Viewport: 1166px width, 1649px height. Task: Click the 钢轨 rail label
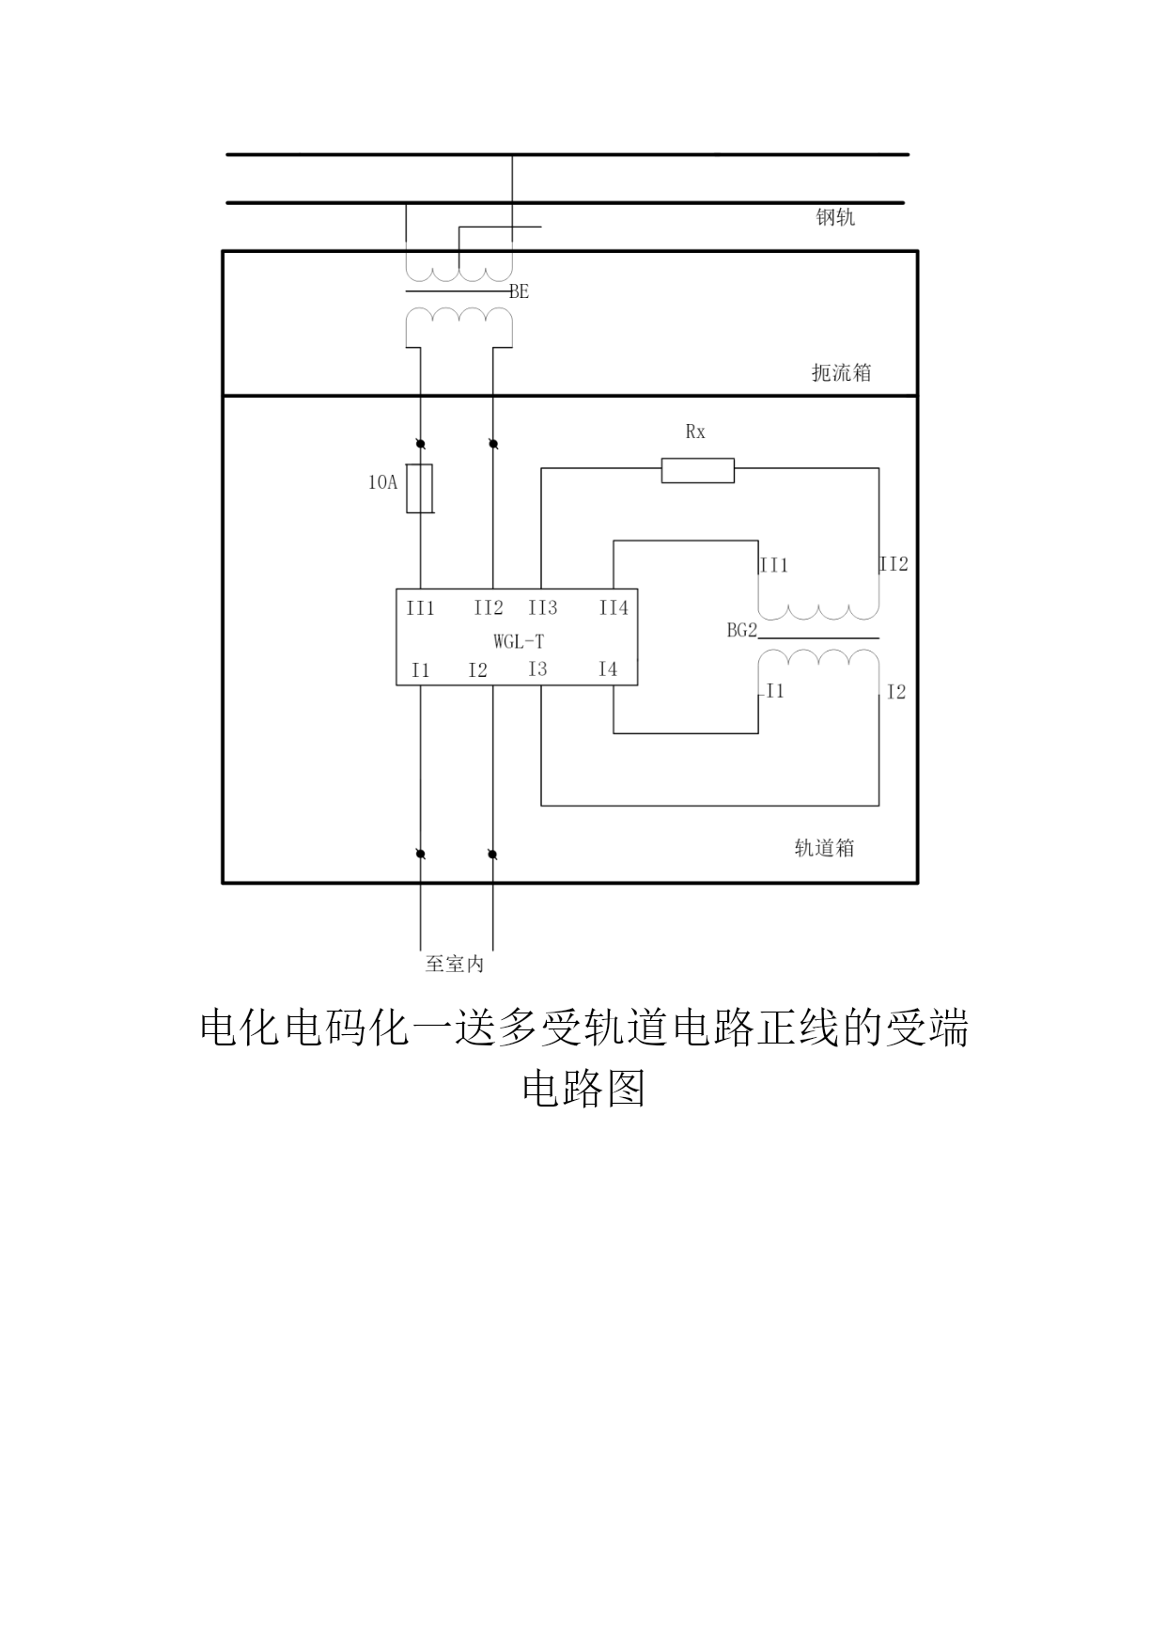click(835, 218)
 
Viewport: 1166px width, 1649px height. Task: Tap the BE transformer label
click(520, 292)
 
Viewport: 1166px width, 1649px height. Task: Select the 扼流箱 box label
click(841, 373)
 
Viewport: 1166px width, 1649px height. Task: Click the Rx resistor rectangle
click(697, 470)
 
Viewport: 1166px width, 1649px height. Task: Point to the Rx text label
click(695, 432)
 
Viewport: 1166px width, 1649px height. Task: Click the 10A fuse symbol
click(420, 489)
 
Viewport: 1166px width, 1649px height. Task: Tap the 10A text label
click(382, 483)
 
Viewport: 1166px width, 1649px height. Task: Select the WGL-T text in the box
click(519, 642)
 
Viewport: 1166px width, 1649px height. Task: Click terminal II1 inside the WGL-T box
click(420, 609)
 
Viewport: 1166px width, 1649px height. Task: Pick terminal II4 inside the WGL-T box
click(614, 608)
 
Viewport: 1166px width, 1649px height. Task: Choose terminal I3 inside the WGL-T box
click(537, 669)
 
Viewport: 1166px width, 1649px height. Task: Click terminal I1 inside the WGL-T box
click(420, 670)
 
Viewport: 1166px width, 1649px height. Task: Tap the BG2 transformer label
click(742, 631)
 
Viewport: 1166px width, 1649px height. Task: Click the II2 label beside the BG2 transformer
click(894, 564)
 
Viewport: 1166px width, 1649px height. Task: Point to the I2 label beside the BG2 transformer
click(896, 692)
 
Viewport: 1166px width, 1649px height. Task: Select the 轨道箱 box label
click(824, 848)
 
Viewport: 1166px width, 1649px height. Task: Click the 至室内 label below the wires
click(455, 965)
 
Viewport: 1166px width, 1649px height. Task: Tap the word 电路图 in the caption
click(583, 1090)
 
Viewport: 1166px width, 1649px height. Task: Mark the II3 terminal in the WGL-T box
click(543, 608)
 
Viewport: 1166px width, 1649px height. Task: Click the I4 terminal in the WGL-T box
click(608, 669)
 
